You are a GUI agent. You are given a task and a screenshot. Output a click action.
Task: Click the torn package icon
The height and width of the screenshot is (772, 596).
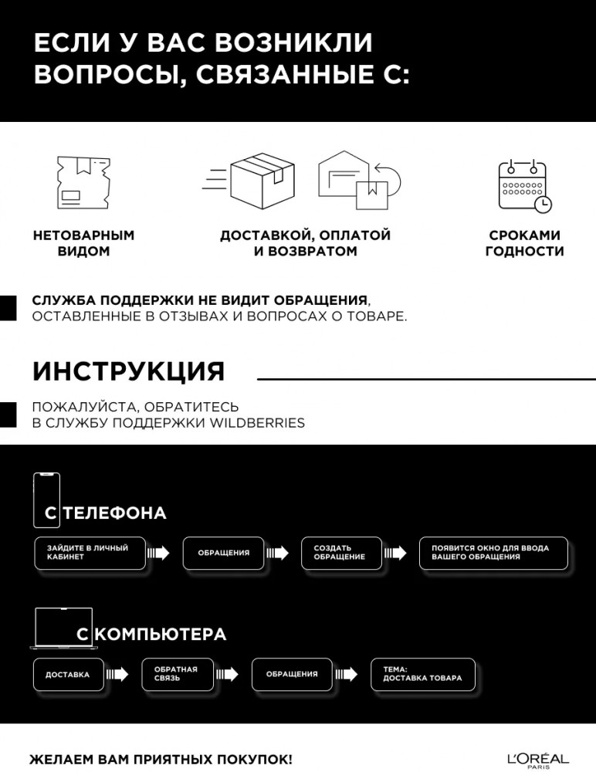point(83,183)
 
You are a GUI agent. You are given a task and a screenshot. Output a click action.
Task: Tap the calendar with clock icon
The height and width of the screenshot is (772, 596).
point(524,186)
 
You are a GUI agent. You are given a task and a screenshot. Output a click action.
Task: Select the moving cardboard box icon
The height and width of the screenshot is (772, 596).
point(249,180)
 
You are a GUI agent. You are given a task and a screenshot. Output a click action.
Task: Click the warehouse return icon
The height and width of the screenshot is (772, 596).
point(359,180)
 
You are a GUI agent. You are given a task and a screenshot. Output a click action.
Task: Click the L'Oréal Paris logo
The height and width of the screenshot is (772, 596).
point(538,760)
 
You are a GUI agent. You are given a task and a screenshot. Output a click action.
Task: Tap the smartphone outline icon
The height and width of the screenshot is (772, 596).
point(47,500)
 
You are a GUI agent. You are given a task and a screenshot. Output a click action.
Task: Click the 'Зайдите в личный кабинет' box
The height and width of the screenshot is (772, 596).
point(90,553)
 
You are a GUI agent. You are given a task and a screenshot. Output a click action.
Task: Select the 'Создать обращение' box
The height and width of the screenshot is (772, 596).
point(341,553)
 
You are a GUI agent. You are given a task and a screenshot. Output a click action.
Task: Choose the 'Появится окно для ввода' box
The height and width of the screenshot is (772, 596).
point(493,553)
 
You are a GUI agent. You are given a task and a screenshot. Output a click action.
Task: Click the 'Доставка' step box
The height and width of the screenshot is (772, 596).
point(69,675)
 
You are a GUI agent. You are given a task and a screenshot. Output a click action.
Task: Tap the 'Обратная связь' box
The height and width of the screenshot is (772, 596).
point(178,675)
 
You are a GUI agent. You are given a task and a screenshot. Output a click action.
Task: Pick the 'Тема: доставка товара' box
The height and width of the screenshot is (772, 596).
point(423,675)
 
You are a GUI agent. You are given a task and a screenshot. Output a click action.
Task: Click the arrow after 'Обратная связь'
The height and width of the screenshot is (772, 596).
point(227,674)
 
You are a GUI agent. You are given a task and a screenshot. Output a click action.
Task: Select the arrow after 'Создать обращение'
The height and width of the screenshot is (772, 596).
point(395,553)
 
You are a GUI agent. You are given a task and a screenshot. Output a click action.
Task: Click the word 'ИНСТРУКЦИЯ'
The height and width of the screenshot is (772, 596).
point(129,371)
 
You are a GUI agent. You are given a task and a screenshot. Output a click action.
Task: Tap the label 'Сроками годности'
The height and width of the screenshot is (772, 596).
point(524,243)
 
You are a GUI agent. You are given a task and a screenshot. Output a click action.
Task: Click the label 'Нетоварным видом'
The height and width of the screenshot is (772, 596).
point(83,243)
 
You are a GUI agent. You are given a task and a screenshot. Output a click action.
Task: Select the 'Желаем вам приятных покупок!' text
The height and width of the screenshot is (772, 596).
point(161,759)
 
